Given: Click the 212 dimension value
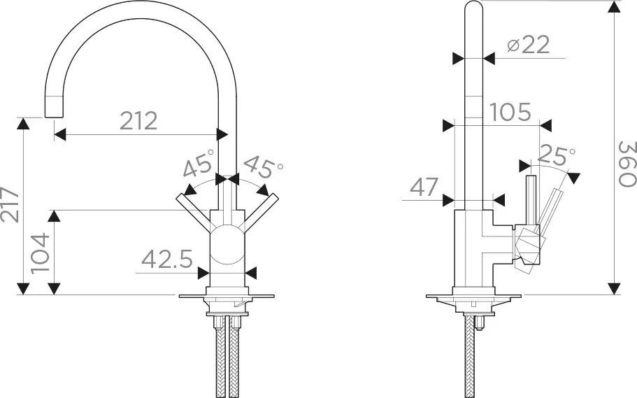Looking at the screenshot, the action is click(138, 121).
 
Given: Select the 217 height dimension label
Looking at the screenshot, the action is click(10, 204).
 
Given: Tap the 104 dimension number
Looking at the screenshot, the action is click(40, 253).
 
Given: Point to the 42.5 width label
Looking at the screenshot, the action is click(167, 259).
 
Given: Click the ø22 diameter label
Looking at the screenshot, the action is click(529, 44).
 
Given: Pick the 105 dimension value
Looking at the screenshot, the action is click(510, 112).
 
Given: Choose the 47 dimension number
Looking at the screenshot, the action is click(424, 187).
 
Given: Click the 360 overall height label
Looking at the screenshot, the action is click(627, 164).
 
